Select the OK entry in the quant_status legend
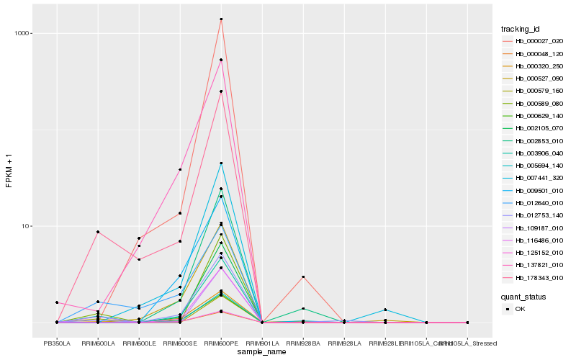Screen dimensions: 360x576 (x=520, y=308)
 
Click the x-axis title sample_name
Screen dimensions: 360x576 (x=262, y=351)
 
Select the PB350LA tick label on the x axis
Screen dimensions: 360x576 (x=57, y=343)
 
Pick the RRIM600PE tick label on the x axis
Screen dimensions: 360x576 (x=221, y=343)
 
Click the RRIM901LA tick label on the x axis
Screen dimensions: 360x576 (x=262, y=343)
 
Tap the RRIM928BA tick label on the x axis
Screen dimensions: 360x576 (x=303, y=343)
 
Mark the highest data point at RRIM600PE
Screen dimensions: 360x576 (x=221, y=19)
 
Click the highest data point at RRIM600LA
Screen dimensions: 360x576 (x=98, y=232)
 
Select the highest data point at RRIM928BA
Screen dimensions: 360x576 (x=303, y=276)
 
